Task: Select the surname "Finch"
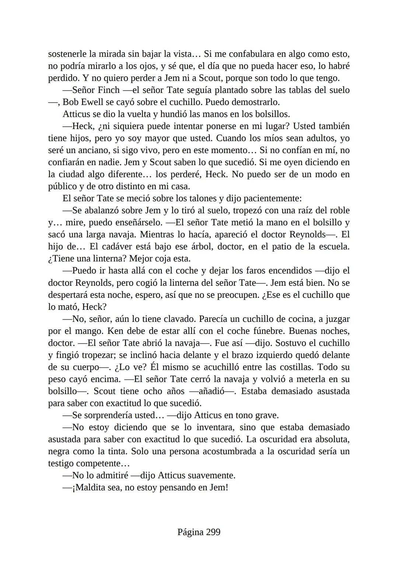tap(109, 90)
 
